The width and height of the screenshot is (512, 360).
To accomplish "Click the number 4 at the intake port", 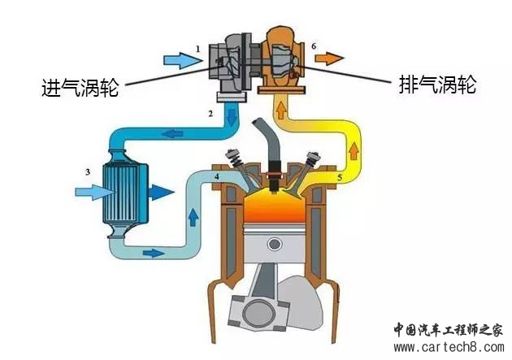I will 216,176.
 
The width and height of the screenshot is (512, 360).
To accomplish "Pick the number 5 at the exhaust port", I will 339,176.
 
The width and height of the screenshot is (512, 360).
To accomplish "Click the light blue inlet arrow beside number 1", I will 177,59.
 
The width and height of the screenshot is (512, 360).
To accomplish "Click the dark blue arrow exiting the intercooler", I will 161,193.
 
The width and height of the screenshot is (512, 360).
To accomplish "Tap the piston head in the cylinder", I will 276,245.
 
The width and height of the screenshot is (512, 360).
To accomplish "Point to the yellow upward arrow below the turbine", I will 281,110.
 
